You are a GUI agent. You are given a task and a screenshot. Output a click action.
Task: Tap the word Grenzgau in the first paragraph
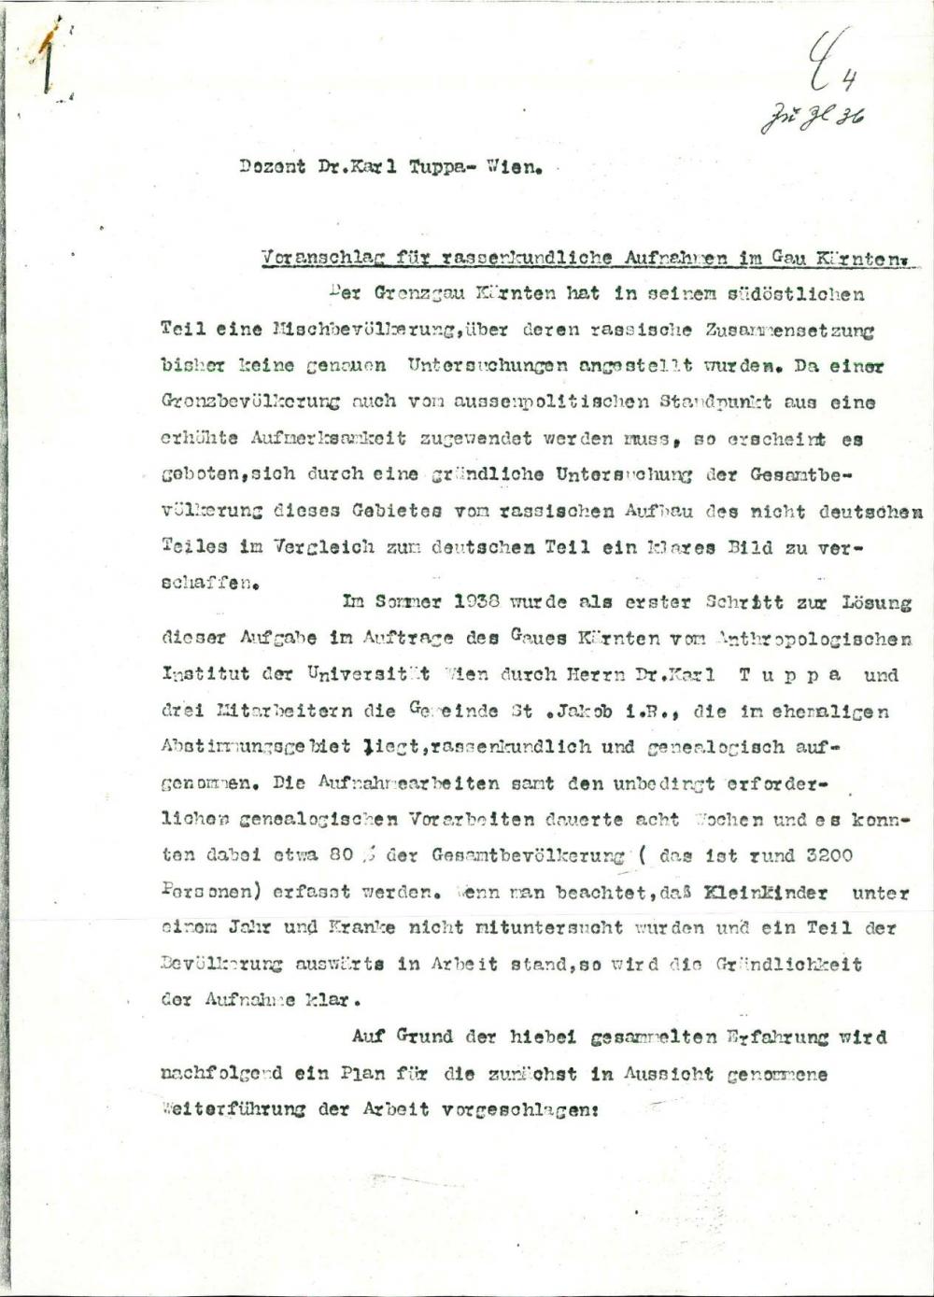click(x=410, y=293)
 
